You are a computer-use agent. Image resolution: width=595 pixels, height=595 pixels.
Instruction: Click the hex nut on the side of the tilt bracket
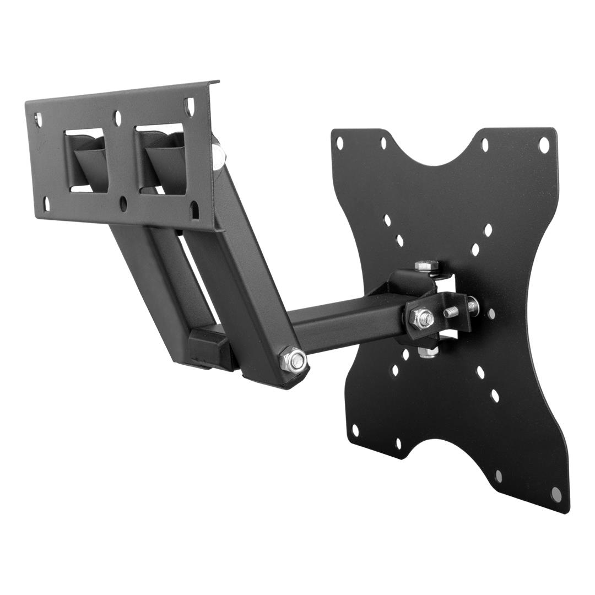[x=421, y=316]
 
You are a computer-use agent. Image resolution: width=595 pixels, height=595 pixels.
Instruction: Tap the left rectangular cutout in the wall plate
[x=86, y=159]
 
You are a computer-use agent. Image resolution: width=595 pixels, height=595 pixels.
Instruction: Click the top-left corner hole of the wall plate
[x=37, y=118]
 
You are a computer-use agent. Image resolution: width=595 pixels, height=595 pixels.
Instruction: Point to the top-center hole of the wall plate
[x=118, y=117]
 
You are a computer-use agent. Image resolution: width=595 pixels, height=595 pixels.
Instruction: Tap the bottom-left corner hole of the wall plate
[x=47, y=201]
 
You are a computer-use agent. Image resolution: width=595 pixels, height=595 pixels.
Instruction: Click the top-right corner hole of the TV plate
[x=544, y=145]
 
